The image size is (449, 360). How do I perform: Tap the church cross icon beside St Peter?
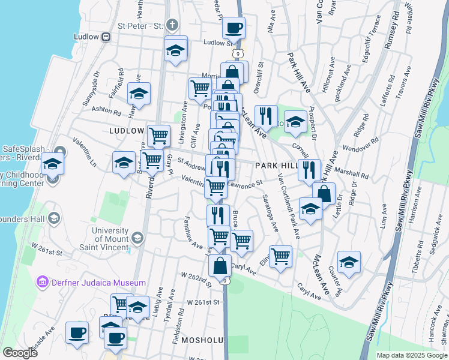click(x=172, y=26)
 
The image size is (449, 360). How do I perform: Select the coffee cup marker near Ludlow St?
click(x=233, y=27)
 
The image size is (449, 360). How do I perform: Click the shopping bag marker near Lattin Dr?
click(x=324, y=194)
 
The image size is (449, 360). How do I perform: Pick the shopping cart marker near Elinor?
click(x=280, y=256)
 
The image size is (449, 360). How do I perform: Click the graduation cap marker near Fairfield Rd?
click(x=139, y=94)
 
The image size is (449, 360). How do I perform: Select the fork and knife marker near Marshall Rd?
click(x=309, y=170)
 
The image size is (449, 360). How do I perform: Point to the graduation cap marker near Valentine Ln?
click(x=52, y=163)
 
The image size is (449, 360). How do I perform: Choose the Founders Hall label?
click(x=28, y=217)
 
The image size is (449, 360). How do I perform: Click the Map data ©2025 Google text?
click(x=412, y=355)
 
